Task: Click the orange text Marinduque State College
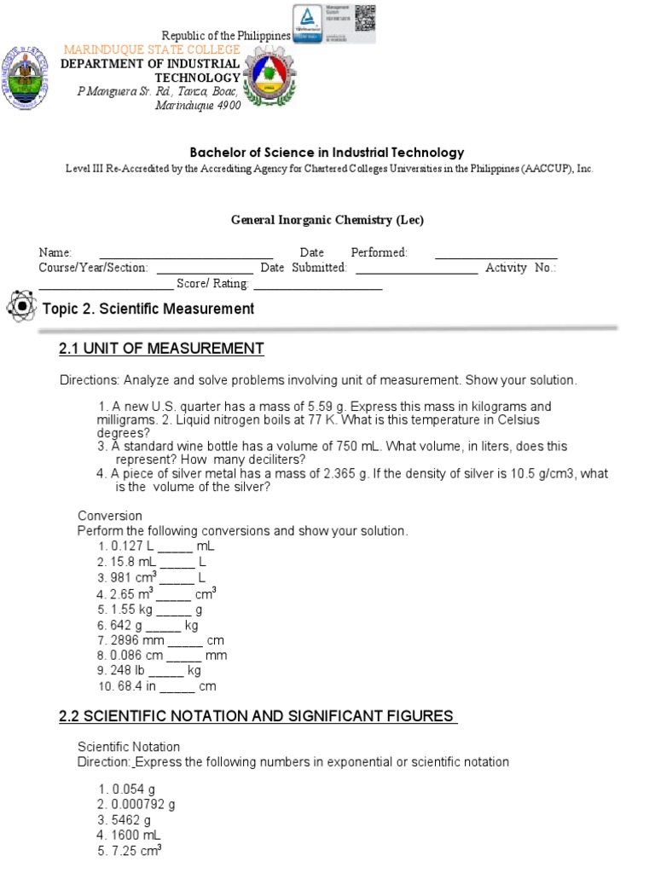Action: (x=152, y=50)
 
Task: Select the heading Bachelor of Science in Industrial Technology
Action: (x=327, y=153)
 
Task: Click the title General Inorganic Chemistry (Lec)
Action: (x=327, y=220)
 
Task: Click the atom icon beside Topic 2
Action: (x=20, y=307)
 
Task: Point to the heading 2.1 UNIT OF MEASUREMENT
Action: (x=161, y=349)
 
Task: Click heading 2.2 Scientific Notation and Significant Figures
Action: (x=258, y=716)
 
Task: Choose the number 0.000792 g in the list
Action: (x=143, y=804)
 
